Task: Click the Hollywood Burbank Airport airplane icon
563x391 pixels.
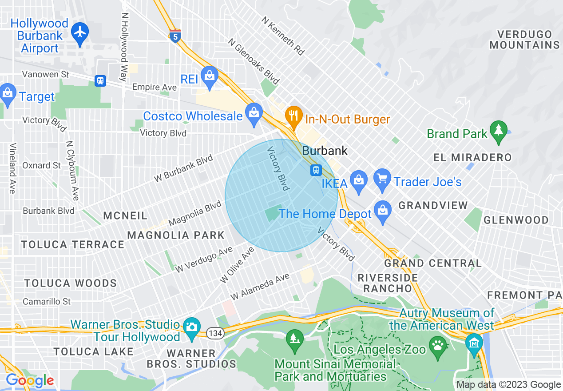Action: click(80, 32)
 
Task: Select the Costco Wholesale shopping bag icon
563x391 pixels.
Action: click(254, 112)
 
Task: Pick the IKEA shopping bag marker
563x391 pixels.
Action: click(358, 179)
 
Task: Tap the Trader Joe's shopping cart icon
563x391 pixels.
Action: click(382, 179)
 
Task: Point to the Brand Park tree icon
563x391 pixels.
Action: click(498, 130)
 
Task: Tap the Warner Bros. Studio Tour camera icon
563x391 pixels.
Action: click(192, 327)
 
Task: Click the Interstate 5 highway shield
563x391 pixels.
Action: click(175, 36)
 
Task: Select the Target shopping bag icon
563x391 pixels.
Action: click(7, 93)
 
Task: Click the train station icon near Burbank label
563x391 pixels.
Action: click(316, 170)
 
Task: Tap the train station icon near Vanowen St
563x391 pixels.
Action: click(101, 80)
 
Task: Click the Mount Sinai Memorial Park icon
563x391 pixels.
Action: click(293, 339)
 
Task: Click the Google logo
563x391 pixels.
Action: click(30, 381)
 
